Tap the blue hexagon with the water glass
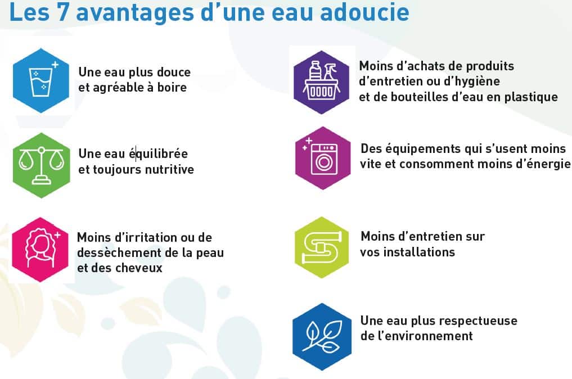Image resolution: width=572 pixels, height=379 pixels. [41, 80]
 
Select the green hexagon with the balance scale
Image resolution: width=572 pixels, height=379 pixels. [41, 165]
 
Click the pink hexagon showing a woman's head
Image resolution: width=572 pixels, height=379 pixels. [40, 250]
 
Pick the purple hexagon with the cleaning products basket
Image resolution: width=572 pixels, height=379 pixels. [321, 83]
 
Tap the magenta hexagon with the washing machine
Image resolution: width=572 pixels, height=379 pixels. [323, 158]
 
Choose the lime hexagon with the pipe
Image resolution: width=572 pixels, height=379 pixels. [322, 247]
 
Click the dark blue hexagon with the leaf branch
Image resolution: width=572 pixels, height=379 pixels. [322, 337]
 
